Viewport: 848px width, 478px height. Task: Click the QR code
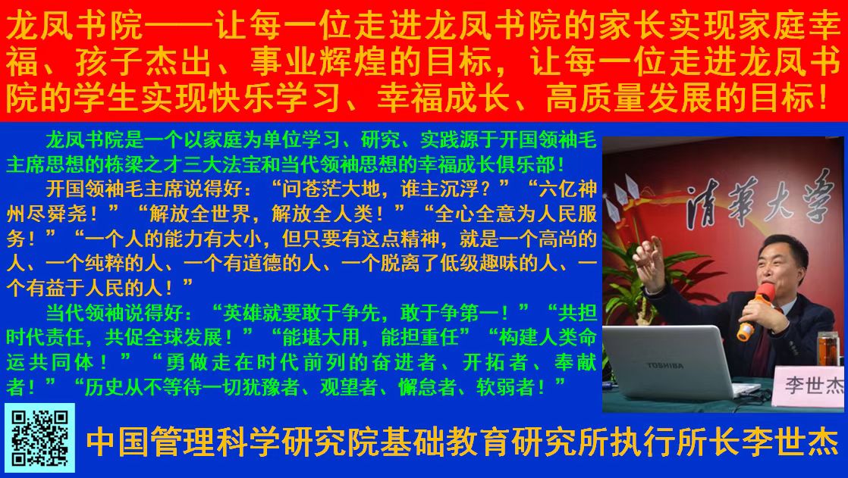[39, 438]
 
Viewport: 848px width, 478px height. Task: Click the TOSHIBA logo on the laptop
[664, 366]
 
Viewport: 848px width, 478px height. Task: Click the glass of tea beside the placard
[828, 348]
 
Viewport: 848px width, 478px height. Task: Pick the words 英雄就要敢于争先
[302, 313]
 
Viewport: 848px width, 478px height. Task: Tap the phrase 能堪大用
[322, 338]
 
